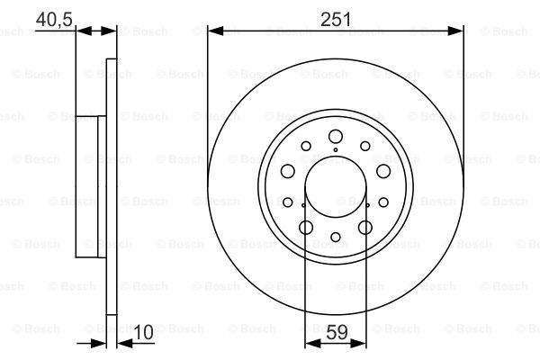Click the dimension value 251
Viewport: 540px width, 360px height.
coord(336,19)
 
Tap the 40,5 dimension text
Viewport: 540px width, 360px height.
coord(54,19)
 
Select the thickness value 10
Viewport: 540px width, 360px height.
coord(143,332)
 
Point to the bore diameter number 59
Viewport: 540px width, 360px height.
coord(337,332)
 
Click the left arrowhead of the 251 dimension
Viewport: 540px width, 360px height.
coord(216,31)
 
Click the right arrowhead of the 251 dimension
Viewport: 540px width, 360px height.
coord(455,31)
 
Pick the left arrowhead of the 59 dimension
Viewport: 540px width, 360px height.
coord(313,343)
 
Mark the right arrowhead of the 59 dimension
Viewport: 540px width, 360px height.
coord(358,343)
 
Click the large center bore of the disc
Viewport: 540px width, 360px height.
coord(336,187)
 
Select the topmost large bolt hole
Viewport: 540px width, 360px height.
coord(336,137)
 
